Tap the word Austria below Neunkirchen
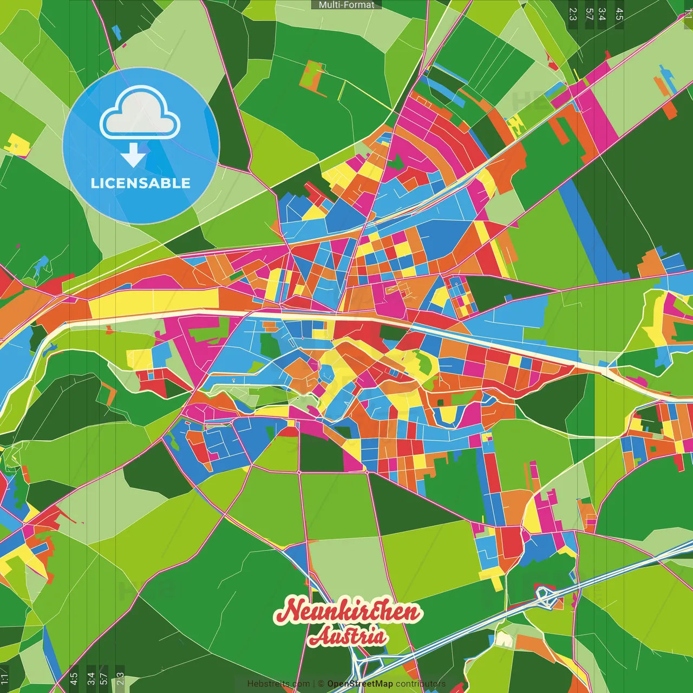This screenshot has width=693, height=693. (348, 637)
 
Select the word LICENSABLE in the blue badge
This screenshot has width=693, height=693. (141, 184)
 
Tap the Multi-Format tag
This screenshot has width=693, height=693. (346, 5)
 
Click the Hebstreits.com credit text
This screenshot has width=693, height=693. (278, 684)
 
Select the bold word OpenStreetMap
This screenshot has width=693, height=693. (360, 684)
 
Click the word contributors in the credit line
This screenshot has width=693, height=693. (420, 684)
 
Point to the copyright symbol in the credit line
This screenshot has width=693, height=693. (321, 684)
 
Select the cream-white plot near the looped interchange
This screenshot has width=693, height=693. (504, 639)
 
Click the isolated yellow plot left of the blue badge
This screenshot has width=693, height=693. (17, 145)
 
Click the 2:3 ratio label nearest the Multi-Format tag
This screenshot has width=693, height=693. (573, 14)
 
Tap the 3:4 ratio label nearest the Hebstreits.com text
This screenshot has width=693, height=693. (91, 678)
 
